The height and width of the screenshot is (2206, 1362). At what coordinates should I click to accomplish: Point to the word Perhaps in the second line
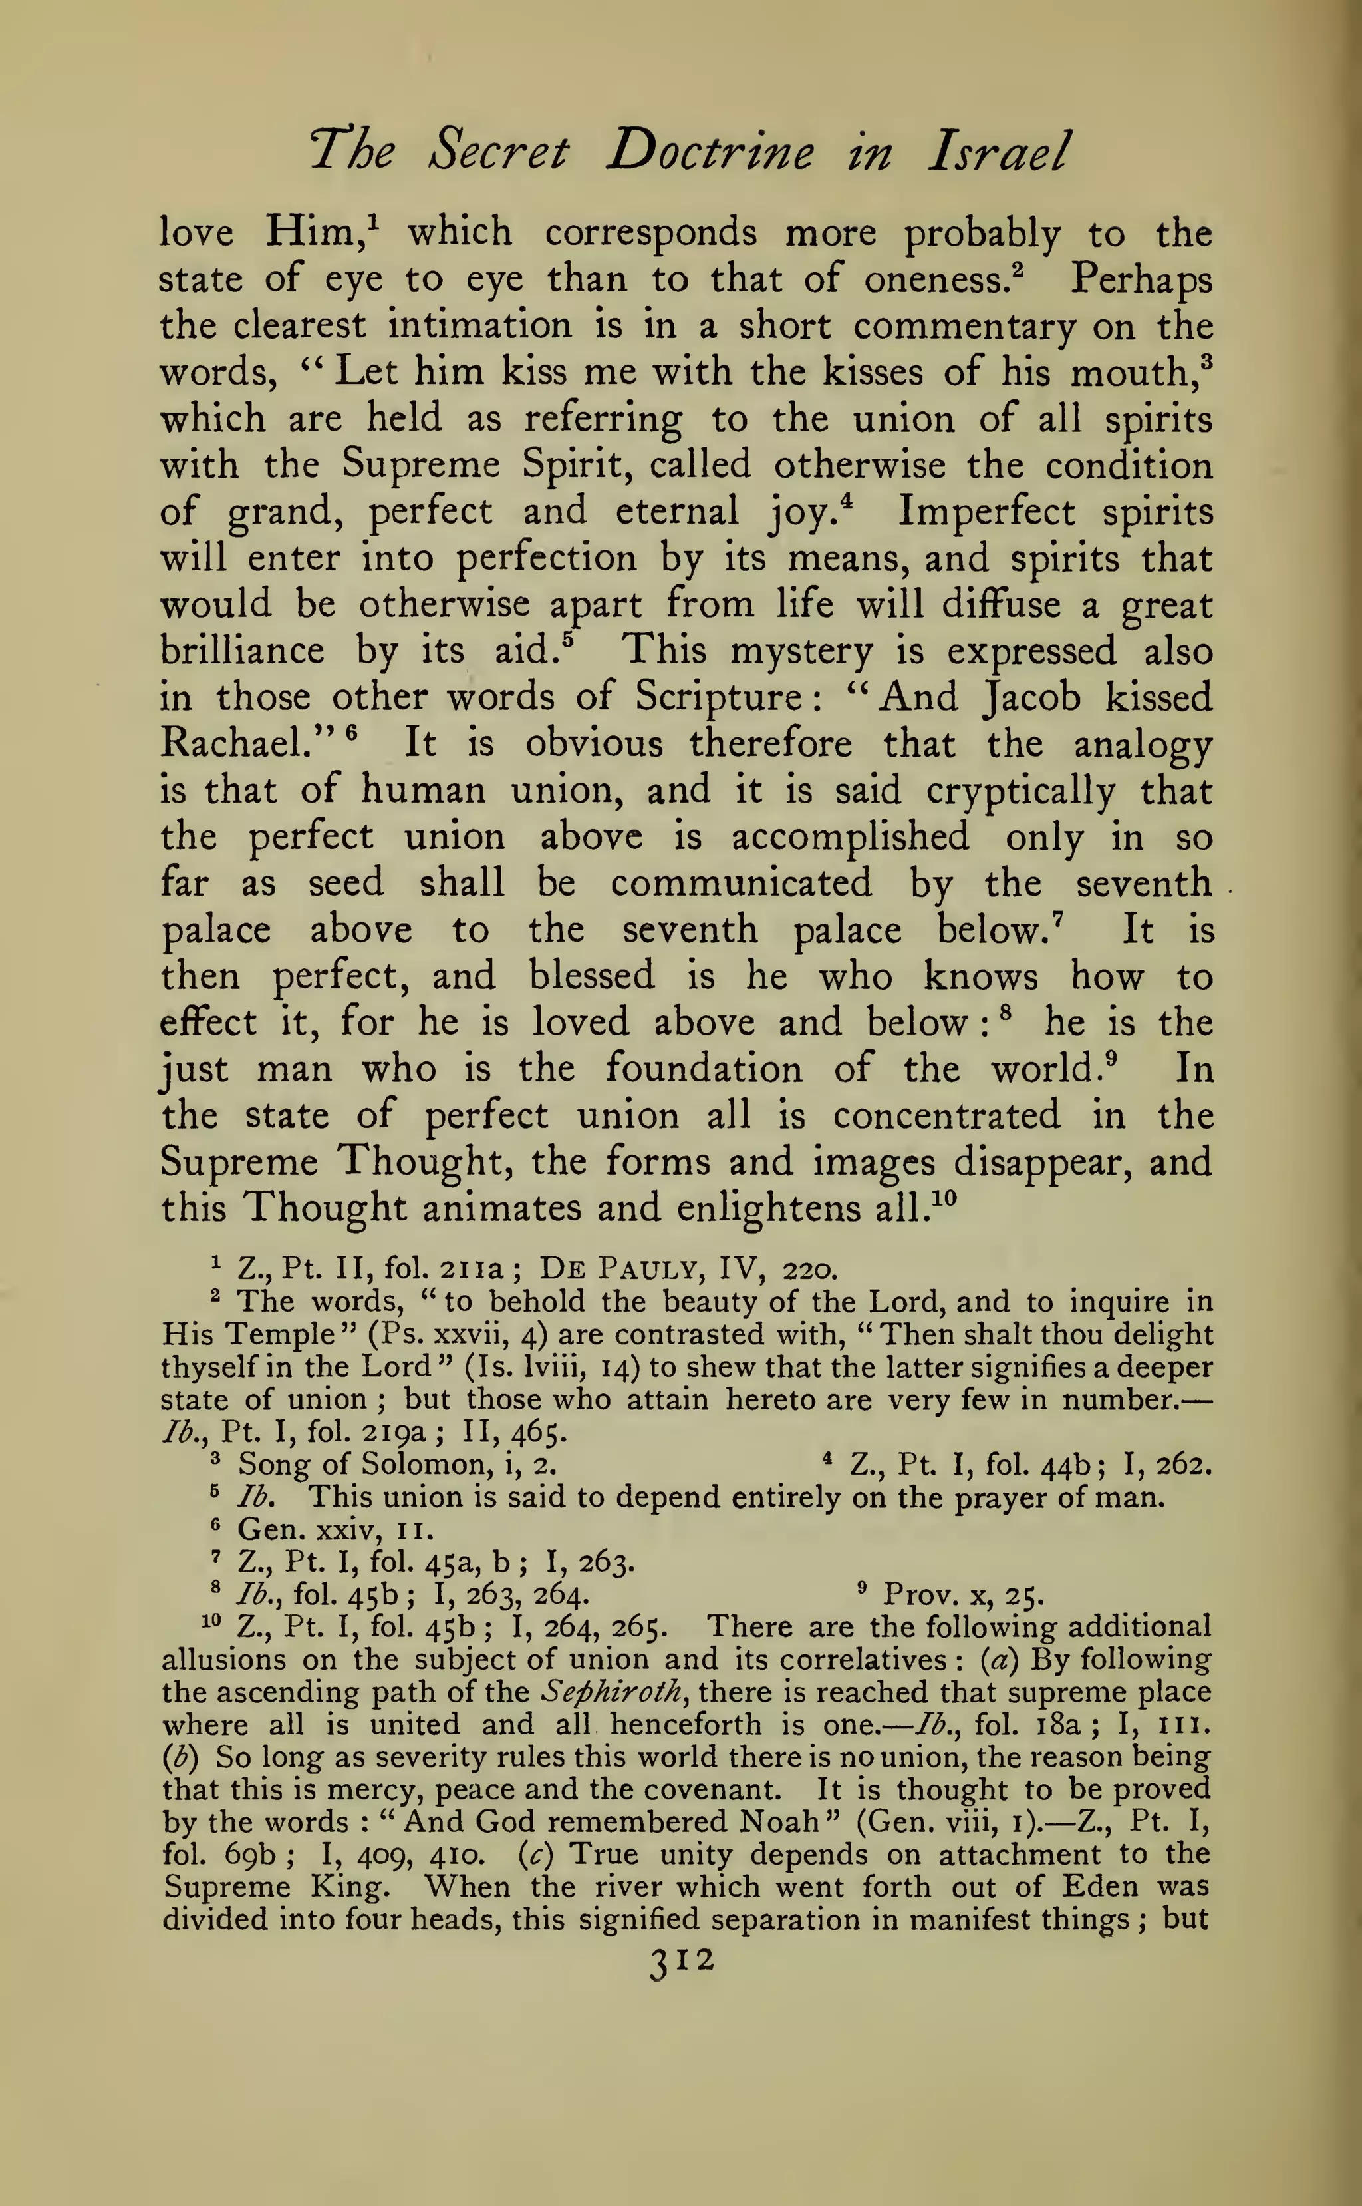1141,280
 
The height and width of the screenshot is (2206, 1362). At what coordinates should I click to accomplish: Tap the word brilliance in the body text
242,651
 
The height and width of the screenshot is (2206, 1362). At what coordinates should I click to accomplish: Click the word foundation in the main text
704,1069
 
